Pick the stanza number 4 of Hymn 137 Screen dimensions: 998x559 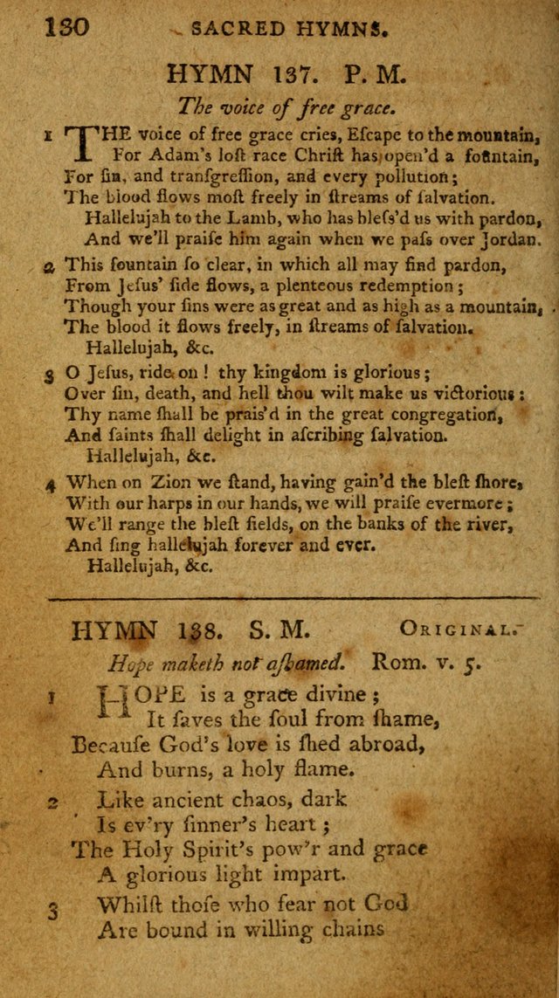[x=51, y=504]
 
